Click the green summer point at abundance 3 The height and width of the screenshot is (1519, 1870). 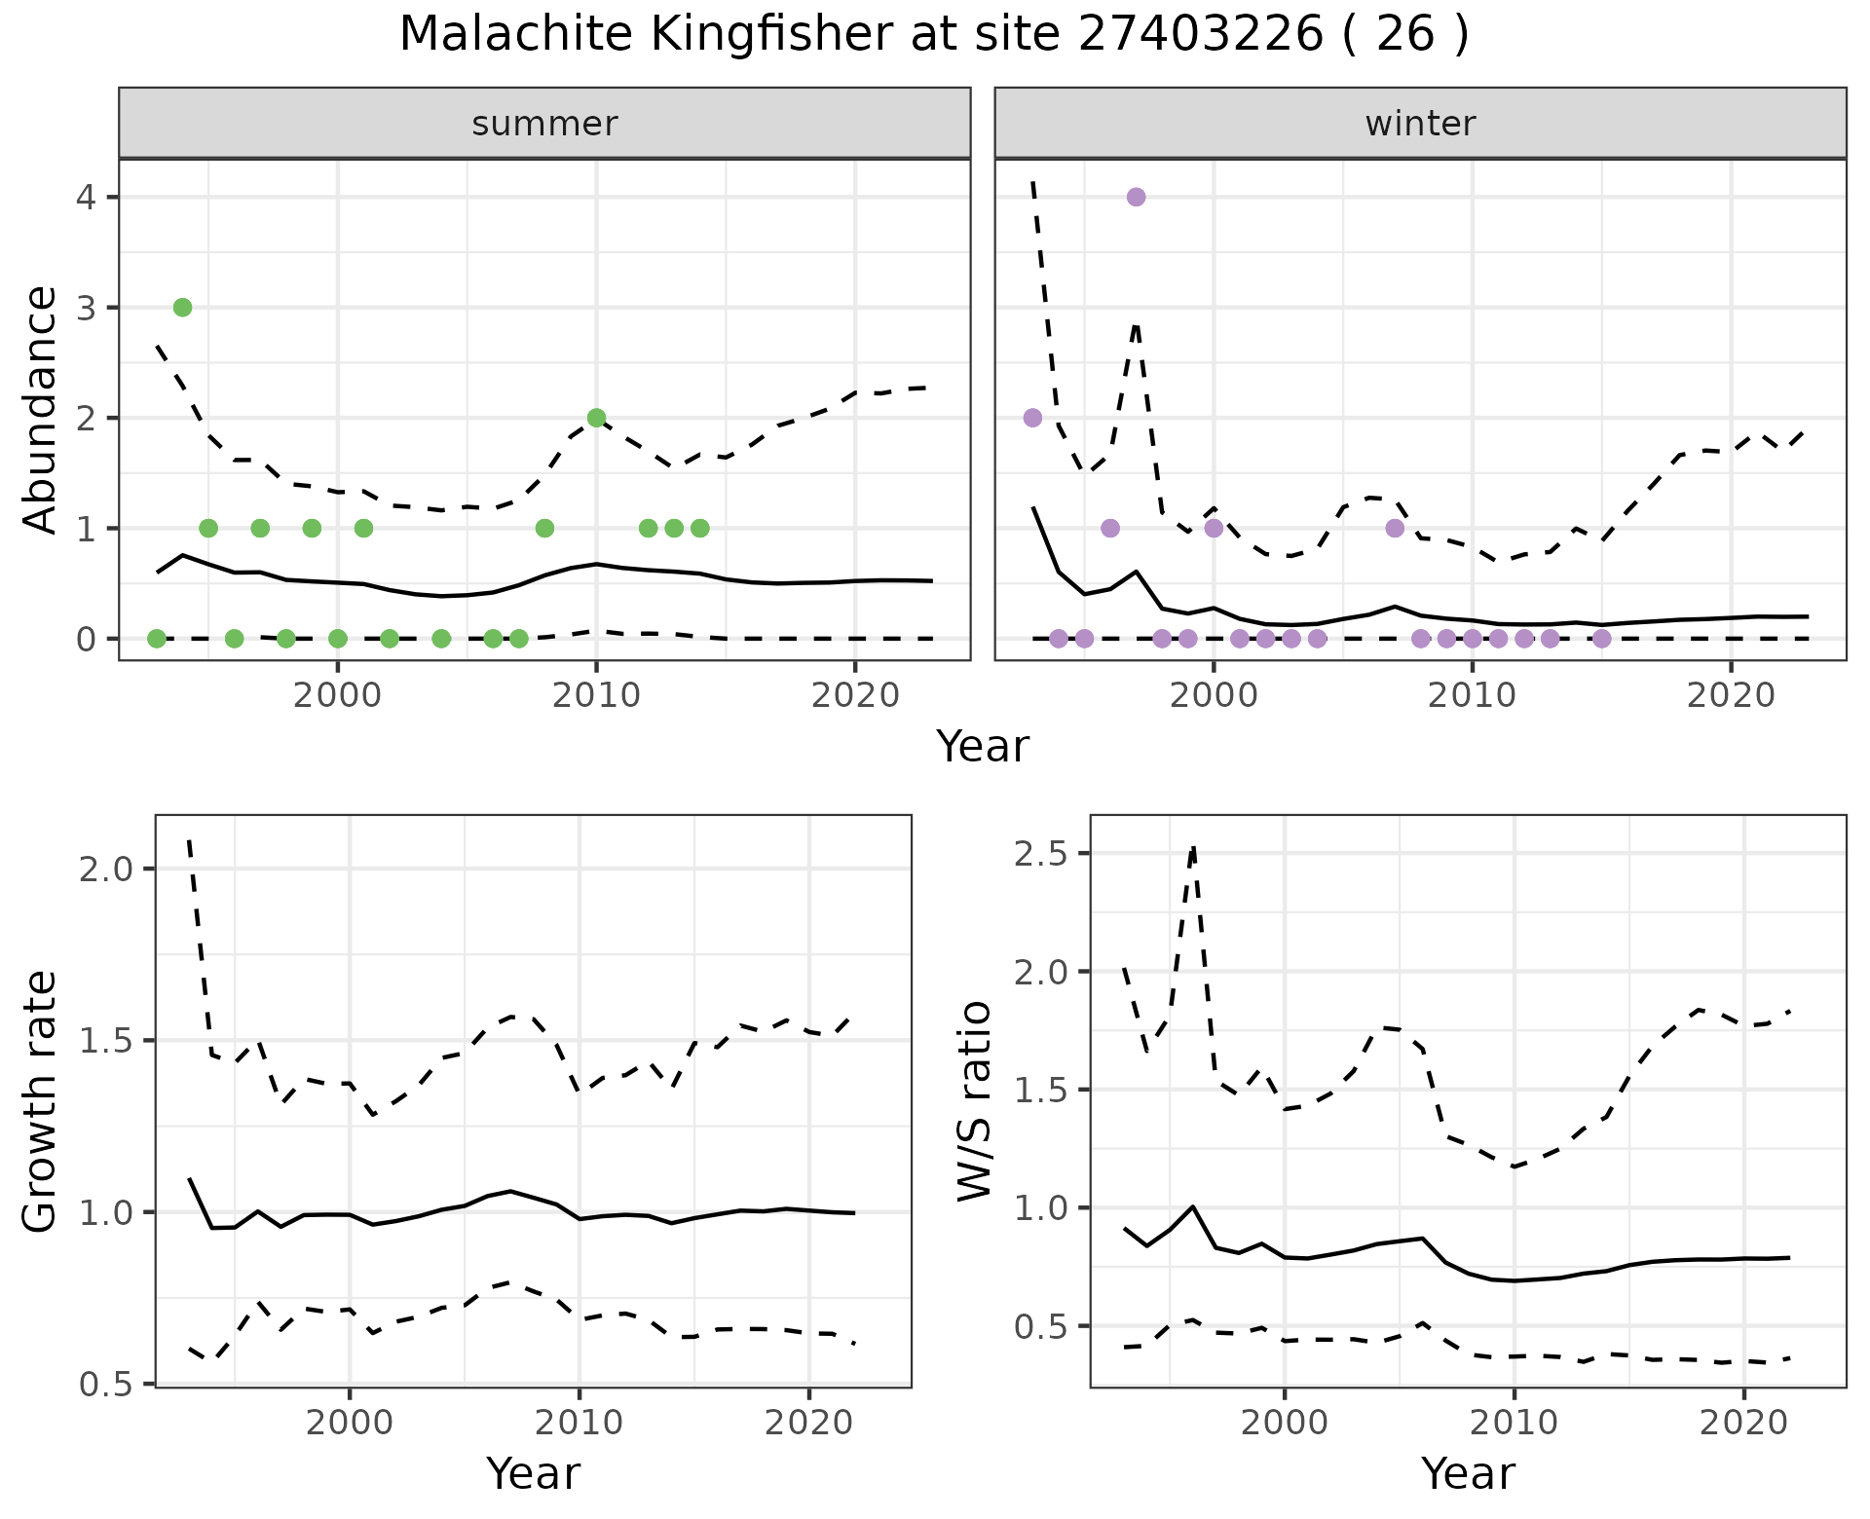[x=182, y=308]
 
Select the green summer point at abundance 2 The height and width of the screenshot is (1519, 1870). [x=597, y=418]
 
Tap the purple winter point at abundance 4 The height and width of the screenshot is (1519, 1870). [x=1136, y=197]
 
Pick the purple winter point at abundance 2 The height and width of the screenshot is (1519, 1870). [x=1032, y=418]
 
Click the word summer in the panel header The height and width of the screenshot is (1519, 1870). [x=544, y=124]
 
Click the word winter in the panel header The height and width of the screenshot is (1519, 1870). [x=1420, y=124]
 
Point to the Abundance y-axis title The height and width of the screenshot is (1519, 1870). [x=41, y=409]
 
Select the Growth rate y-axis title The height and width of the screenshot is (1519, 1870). [x=41, y=1101]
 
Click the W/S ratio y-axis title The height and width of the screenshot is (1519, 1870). [x=975, y=1101]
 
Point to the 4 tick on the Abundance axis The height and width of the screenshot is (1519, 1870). [x=86, y=198]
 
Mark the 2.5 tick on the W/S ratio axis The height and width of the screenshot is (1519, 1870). [x=1040, y=854]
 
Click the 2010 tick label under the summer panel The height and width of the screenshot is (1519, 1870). [x=596, y=695]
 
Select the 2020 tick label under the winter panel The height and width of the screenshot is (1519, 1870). [x=1731, y=695]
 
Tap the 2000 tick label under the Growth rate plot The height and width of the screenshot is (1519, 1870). [x=350, y=1423]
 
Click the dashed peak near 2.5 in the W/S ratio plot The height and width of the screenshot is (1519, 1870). [x=1193, y=848]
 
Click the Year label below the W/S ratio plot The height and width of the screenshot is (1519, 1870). [x=1468, y=1473]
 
